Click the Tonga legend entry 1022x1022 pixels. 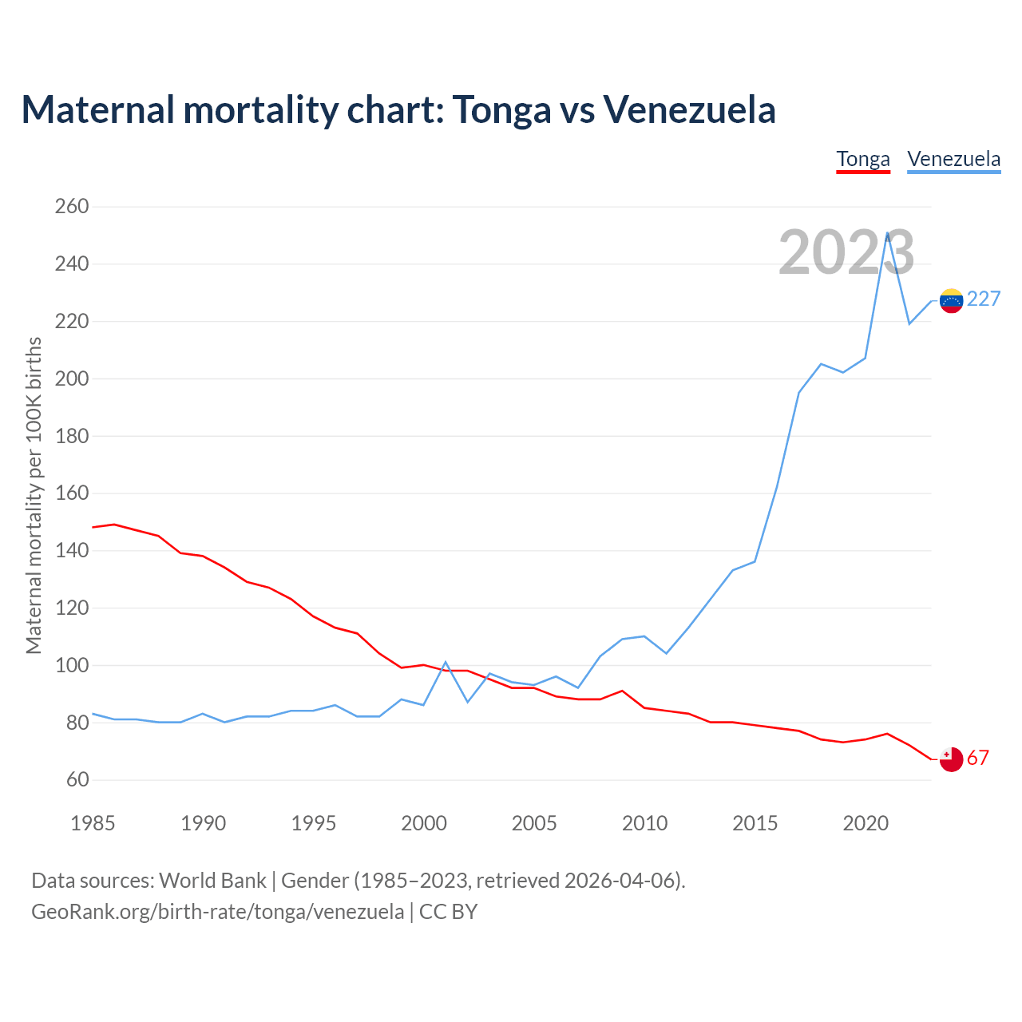[863, 159]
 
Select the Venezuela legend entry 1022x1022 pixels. [954, 159]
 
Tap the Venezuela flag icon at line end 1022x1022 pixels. [951, 300]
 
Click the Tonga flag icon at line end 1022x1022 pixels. [951, 759]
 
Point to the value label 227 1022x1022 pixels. [984, 299]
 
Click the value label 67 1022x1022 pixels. [978, 759]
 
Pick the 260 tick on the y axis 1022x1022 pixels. [72, 207]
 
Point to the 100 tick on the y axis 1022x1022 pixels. [72, 666]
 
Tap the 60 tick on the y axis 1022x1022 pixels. [72, 780]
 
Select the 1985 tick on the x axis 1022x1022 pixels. [93, 824]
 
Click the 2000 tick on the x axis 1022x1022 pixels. [424, 824]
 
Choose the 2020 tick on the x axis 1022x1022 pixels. [866, 824]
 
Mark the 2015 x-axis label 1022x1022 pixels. [755, 824]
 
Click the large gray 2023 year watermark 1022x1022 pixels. [846, 253]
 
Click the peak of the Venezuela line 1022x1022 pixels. [887, 233]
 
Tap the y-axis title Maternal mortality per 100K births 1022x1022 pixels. [34, 495]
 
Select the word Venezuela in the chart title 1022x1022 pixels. [689, 109]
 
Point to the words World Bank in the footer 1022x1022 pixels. [212, 881]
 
